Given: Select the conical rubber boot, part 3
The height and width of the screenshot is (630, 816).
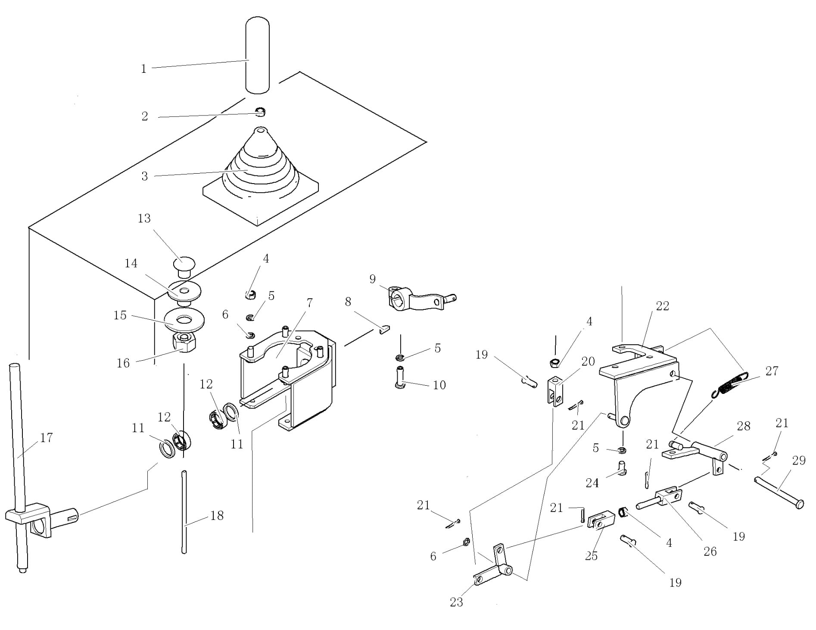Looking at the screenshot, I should (259, 168).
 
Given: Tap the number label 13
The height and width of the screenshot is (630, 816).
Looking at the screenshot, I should (144, 218).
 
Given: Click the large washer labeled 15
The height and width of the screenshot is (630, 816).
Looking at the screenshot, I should (184, 319).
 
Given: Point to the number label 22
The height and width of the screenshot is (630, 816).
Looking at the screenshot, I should (662, 306).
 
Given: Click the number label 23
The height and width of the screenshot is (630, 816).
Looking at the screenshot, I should (456, 602).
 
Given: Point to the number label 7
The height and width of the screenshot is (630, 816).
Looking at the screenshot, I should (309, 303).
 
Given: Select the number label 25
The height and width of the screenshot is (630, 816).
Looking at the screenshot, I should (591, 556).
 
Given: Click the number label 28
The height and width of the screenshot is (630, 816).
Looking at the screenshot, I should (744, 426).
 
